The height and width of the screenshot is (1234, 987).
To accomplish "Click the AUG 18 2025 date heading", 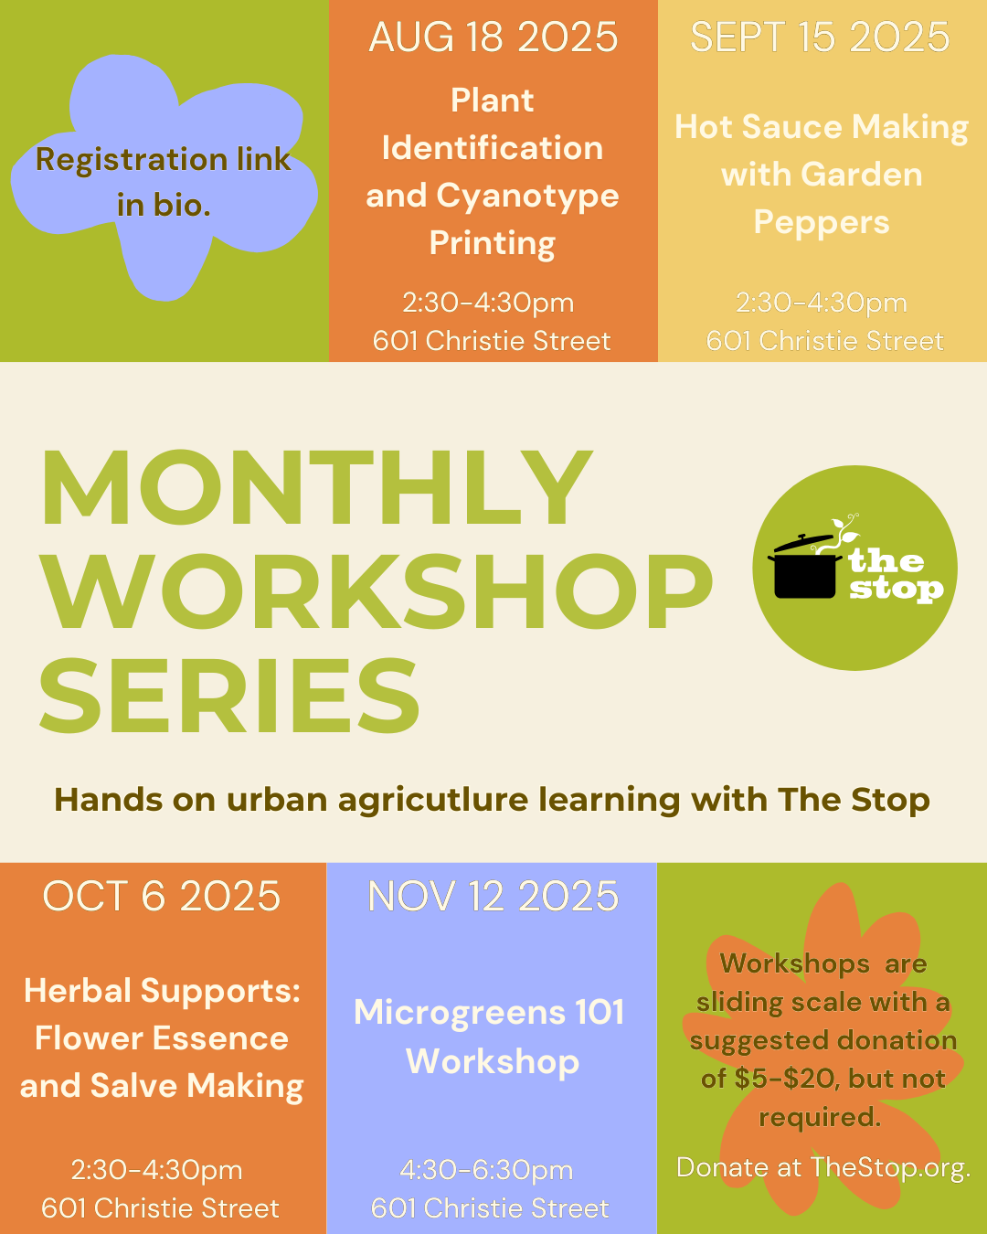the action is coord(493,37).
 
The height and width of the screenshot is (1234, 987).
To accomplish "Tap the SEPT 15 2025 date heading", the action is coord(820,37).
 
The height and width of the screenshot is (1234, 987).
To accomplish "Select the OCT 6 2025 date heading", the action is coord(162,896).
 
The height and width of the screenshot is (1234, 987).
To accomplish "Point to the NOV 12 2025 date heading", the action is coord(493,896).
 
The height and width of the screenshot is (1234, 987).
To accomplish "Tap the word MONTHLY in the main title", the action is coord(315,487).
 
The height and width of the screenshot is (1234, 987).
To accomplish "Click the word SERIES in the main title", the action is coord(229,696).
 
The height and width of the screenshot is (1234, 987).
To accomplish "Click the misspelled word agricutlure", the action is coord(433,801).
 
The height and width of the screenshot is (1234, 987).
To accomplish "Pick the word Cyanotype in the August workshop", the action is coord(527,197).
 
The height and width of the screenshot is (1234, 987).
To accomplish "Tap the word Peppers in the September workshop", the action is coord(822,222).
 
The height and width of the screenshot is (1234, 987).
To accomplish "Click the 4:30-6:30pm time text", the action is coord(486,1170).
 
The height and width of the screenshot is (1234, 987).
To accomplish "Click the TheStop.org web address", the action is coord(890,1168).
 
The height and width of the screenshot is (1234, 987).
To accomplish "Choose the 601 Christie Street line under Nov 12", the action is coord(490,1208).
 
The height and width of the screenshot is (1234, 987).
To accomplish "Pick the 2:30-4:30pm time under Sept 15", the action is coord(822,303).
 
